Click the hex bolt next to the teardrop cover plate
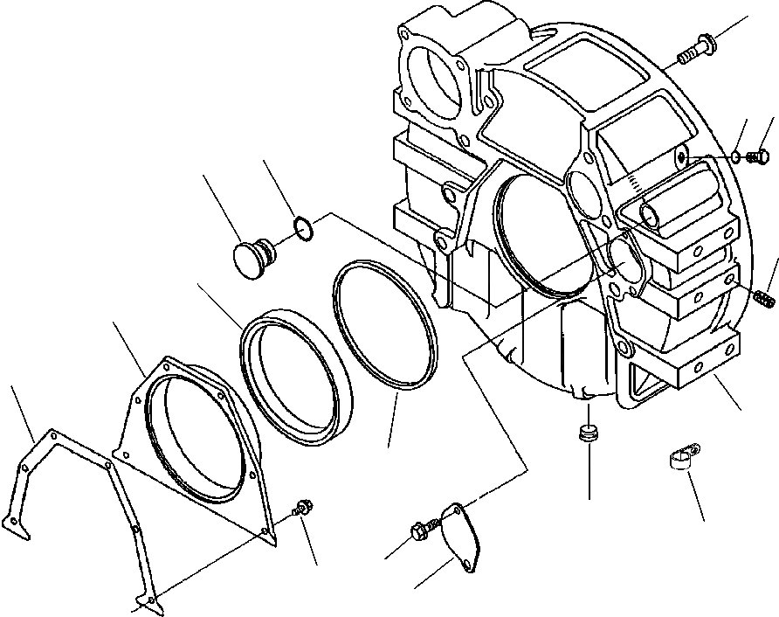420,530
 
